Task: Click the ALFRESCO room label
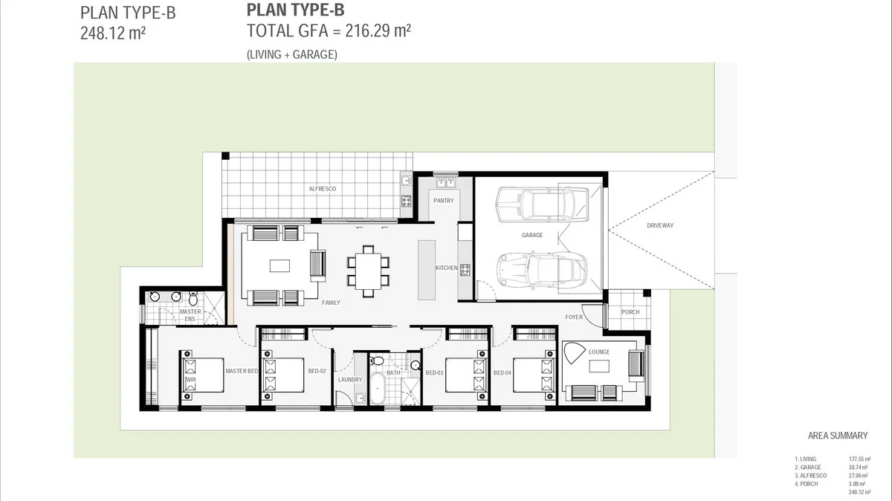click(323, 189)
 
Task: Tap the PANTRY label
click(443, 201)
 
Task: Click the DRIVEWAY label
click(659, 225)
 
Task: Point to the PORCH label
click(630, 312)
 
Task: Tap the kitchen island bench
click(427, 269)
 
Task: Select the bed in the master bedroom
click(201, 370)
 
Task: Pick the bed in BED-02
click(282, 371)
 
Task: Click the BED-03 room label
click(434, 372)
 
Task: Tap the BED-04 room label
click(502, 372)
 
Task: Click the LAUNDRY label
click(349, 379)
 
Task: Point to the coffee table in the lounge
click(599, 366)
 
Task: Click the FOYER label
click(574, 317)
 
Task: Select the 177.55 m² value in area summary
click(859, 459)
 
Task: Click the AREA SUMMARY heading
click(837, 436)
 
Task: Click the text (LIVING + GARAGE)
click(292, 54)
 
